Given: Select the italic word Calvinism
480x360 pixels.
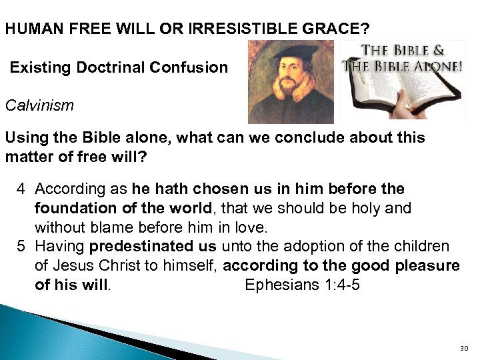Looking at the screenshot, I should coord(39,105).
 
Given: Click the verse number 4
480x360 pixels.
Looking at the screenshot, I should coord(21,189).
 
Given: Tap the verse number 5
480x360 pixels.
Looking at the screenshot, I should coord(21,247).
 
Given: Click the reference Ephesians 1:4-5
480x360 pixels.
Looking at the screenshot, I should coord(303,285).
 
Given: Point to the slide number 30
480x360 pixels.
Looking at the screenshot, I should coord(465,349).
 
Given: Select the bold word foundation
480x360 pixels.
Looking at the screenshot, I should coord(70,209).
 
